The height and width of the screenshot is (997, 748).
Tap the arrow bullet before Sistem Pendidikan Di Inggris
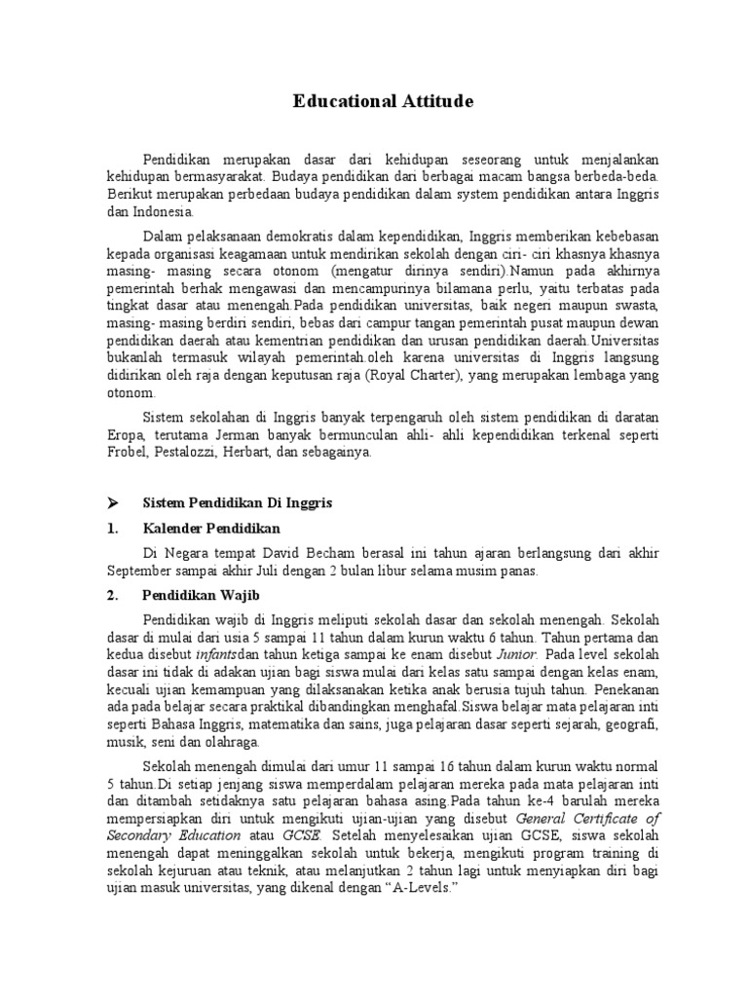point(113,502)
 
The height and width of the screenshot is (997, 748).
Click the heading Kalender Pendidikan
point(211,528)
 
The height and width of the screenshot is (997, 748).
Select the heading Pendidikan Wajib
point(201,594)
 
